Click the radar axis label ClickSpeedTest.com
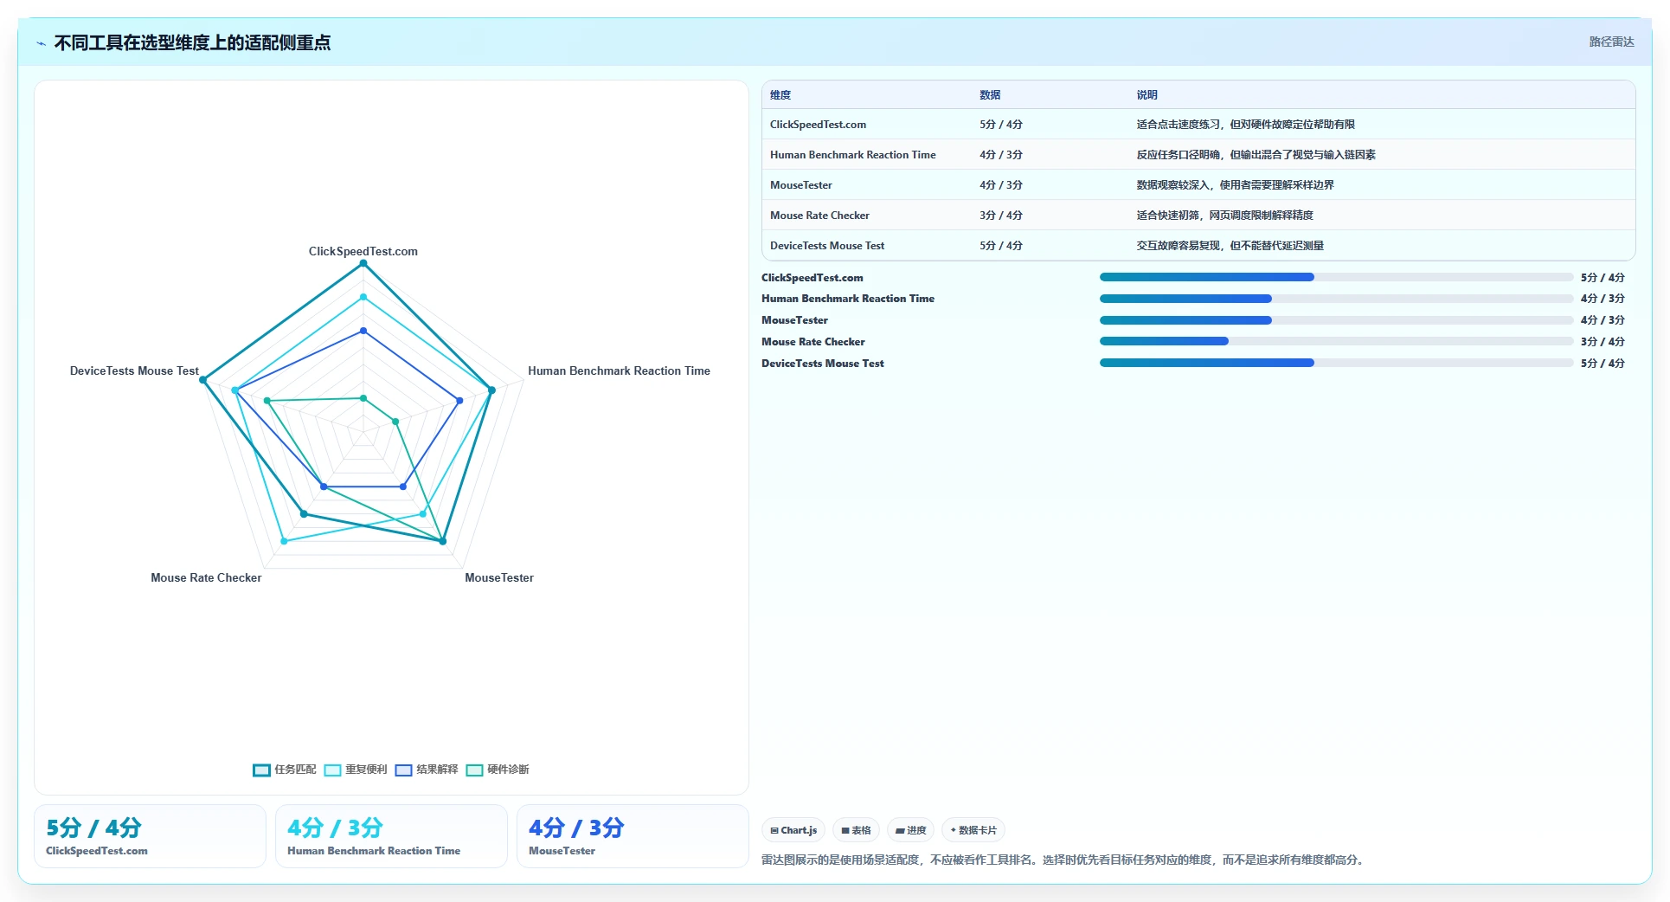point(363,251)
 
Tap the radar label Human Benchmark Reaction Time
point(619,370)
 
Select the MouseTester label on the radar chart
point(499,577)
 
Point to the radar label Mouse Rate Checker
point(206,577)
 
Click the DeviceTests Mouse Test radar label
point(134,370)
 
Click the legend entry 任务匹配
point(285,770)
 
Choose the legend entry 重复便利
point(356,770)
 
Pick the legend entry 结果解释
point(427,770)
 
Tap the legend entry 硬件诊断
point(498,770)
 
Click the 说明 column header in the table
point(1147,95)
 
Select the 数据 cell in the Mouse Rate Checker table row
point(1001,216)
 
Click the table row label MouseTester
point(801,185)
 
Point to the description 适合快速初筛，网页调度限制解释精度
point(1224,216)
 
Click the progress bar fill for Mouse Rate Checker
point(1164,341)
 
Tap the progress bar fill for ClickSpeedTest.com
point(1207,277)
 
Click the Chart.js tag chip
point(793,830)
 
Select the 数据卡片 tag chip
point(973,830)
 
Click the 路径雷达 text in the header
point(1611,42)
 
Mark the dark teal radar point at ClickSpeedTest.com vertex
point(363,263)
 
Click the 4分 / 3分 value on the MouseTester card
point(576,828)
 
